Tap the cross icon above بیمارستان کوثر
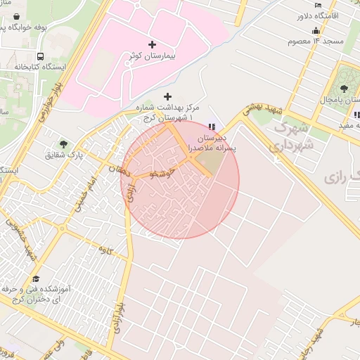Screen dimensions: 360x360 pyautogui.click(x=153, y=44)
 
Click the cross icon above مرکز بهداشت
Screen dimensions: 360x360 pyautogui.click(x=167, y=96)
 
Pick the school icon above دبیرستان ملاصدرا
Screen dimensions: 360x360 pyautogui.click(x=212, y=127)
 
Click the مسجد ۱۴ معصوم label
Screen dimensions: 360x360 pyautogui.click(x=315, y=41)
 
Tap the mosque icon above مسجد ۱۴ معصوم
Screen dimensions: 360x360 pyautogui.click(x=316, y=30)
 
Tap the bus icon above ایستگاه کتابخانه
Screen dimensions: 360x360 pyautogui.click(x=40, y=56)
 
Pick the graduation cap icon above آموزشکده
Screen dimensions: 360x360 pyautogui.click(x=36, y=278)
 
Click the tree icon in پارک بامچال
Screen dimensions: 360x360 pyautogui.click(x=344, y=89)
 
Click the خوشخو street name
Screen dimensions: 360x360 pyautogui.click(x=161, y=172)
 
